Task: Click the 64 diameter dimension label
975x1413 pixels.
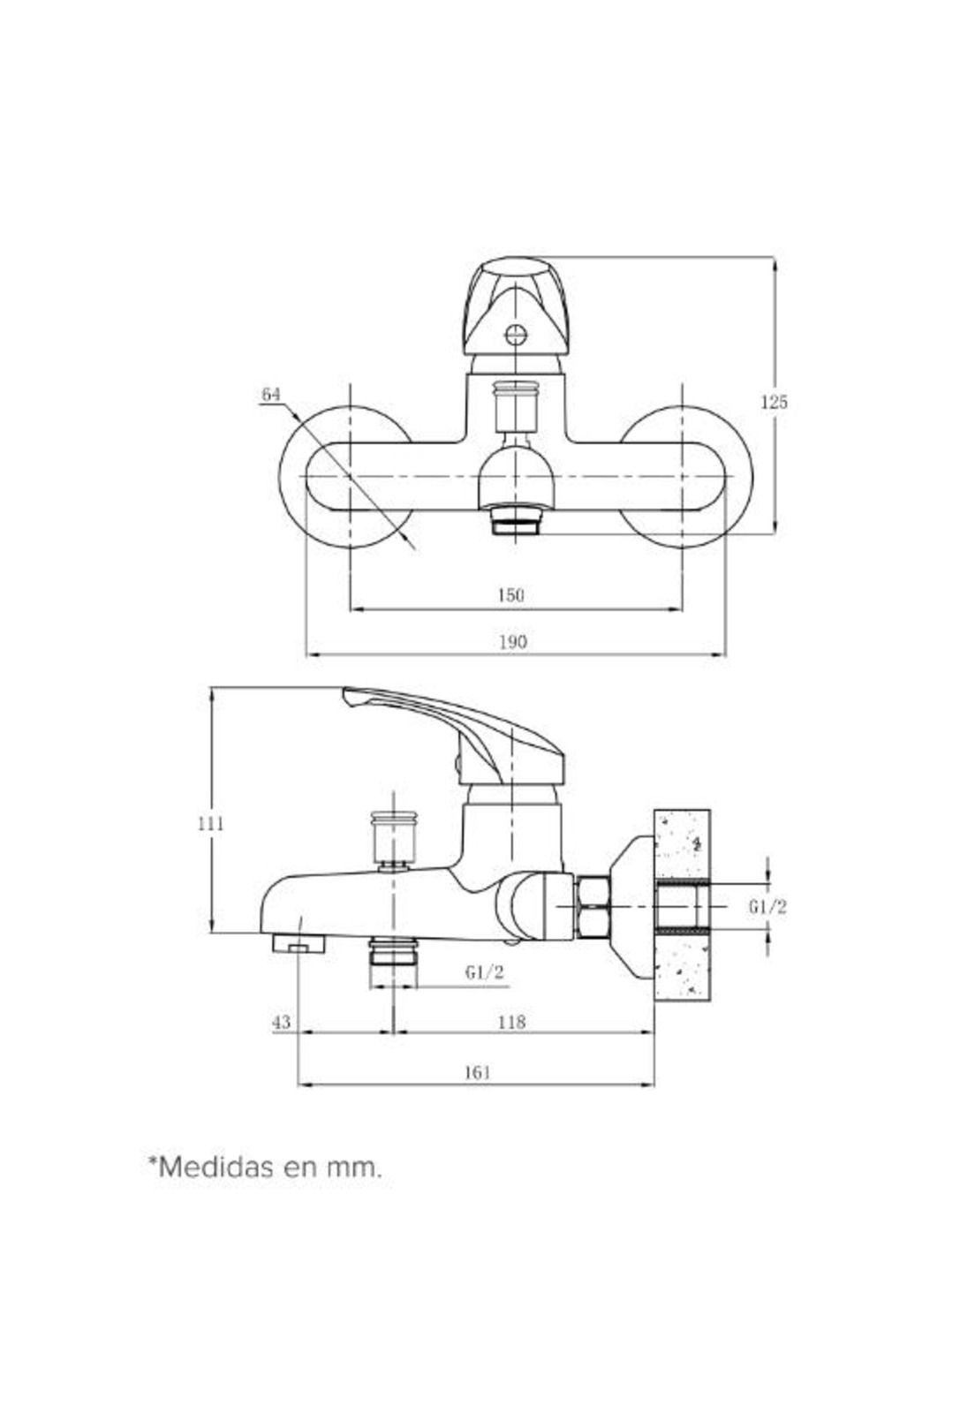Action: coord(270,394)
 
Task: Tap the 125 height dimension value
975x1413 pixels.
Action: coord(774,403)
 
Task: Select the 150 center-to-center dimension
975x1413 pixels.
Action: coord(510,595)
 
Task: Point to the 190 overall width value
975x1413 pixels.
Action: coord(513,642)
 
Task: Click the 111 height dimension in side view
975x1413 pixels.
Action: coord(210,823)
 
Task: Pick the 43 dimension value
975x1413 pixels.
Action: coord(281,1022)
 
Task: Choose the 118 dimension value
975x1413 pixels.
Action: coord(511,1022)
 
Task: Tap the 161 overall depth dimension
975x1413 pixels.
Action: coord(476,1072)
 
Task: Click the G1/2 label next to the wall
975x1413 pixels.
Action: coord(767,906)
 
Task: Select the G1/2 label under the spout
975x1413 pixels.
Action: coord(484,973)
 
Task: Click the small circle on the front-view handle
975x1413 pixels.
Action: coord(515,335)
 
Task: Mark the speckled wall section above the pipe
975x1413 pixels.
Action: coord(682,843)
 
